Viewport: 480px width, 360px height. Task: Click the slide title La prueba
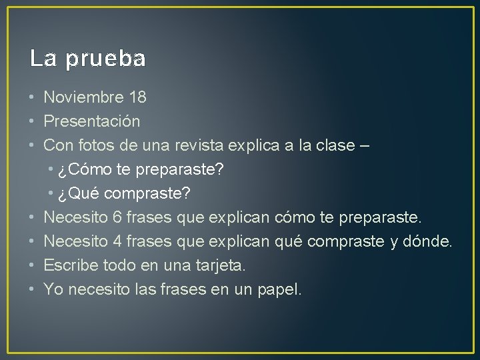87,59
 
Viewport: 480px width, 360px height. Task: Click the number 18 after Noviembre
137,98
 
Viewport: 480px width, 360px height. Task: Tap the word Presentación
92,122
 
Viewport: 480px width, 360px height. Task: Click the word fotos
97,146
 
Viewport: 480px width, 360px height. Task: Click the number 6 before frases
117,217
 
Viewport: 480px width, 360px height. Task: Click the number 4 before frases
117,241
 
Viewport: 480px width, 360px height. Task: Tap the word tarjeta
221,265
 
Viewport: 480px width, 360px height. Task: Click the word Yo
53,289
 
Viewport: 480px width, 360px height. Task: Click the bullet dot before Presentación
32,122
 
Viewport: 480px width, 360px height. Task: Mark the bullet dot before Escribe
32,265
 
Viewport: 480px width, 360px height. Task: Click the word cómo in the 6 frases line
291,217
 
